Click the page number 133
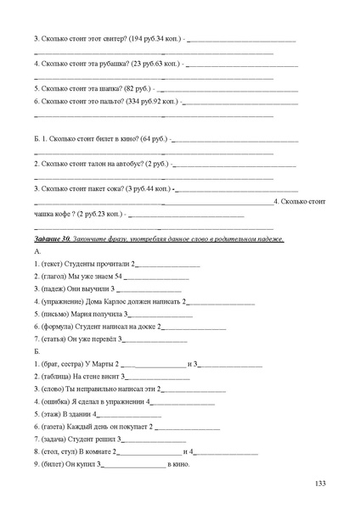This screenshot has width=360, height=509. click(x=320, y=484)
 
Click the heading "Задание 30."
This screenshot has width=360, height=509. click(x=53, y=239)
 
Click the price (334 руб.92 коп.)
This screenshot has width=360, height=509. click(x=150, y=101)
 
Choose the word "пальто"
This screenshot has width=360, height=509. click(x=109, y=101)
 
